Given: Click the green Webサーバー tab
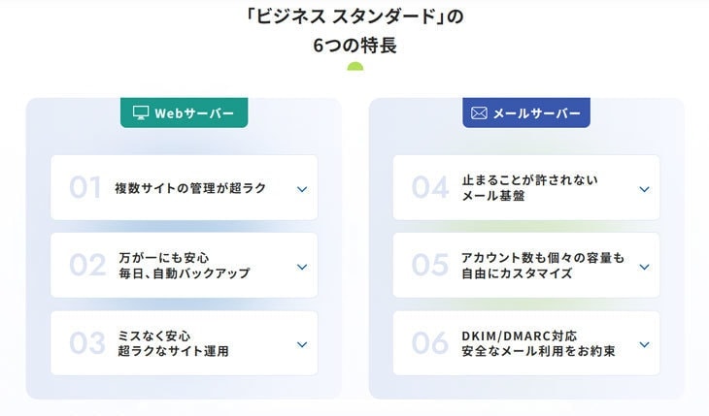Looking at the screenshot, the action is tap(184, 112).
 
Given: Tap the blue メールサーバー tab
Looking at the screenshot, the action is tap(525, 112).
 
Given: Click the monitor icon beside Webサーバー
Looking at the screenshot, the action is tap(141, 112).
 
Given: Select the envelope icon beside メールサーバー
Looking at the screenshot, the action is tap(479, 112).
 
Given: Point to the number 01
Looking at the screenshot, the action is tap(85, 187).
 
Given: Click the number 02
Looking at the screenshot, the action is tap(87, 265).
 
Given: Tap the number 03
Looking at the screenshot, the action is tap(87, 343).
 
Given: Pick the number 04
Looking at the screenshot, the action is tap(430, 187).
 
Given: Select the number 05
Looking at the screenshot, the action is tap(430, 265).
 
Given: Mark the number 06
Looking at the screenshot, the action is tap(430, 343).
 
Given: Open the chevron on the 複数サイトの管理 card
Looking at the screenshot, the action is tap(302, 189).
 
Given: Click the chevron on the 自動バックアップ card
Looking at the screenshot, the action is tap(302, 267).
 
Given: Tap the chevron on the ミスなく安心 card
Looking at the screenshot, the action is tap(302, 344).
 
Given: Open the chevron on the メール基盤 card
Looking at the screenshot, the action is tap(644, 189).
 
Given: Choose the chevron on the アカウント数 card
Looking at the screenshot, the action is tap(644, 267).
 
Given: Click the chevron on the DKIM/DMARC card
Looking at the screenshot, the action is tap(644, 344).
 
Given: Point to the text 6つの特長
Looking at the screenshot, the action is tap(354, 46).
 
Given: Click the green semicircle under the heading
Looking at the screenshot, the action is tap(354, 67).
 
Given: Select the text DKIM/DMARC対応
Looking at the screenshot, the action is tap(519, 336).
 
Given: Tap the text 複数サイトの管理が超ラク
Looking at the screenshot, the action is tap(190, 188).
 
